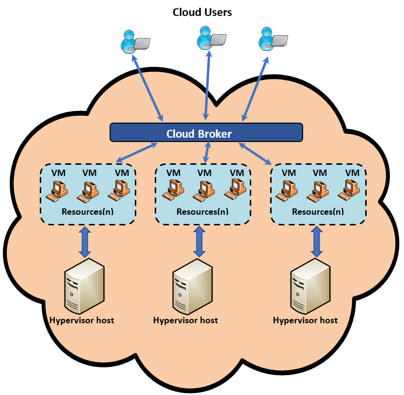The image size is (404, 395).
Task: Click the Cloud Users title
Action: pyautogui.click(x=202, y=12)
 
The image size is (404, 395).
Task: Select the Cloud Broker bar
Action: pyautogui.click(x=206, y=132)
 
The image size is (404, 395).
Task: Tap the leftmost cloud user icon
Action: pyautogui.click(x=133, y=41)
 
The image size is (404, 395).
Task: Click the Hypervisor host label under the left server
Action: pyautogui.click(x=81, y=320)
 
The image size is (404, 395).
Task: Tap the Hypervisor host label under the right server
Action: pyautogui.click(x=305, y=320)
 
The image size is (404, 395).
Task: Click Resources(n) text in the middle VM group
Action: pyautogui.click(x=202, y=212)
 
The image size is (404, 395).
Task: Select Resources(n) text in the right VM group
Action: pyautogui.click(x=318, y=212)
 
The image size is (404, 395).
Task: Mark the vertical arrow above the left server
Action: pyautogui.click(x=85, y=242)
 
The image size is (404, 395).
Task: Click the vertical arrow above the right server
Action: pyautogui.click(x=317, y=242)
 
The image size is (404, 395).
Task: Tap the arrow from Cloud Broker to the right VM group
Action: pyautogui.click(x=255, y=153)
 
